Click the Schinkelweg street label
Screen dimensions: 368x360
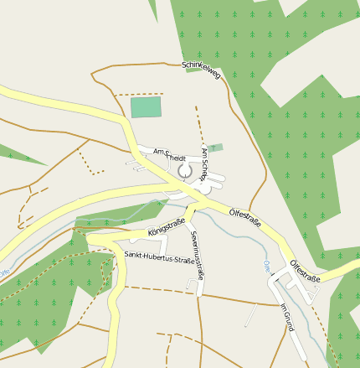(201, 70)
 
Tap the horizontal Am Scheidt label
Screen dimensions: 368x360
(170, 155)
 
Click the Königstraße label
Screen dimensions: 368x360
(166, 225)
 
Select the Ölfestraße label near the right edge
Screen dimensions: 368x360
(305, 270)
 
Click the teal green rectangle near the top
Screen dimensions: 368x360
(146, 106)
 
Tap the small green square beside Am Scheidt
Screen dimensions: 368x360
(216, 148)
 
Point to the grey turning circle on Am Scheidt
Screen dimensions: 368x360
(185, 171)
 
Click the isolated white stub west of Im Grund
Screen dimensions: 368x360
(250, 316)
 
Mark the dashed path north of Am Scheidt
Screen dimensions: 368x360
(198, 121)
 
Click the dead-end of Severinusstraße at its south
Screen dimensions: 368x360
(200, 293)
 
